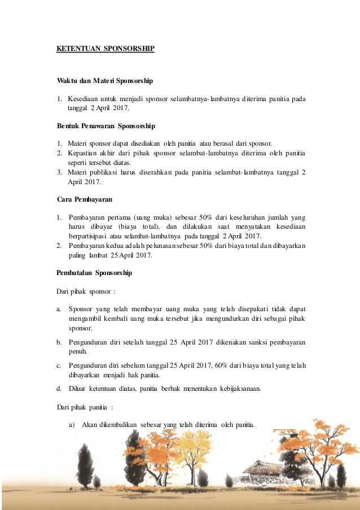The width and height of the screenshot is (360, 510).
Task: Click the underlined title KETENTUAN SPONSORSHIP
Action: [105, 49]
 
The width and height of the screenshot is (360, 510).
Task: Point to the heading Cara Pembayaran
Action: [83, 199]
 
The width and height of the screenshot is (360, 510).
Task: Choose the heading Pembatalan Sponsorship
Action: [94, 273]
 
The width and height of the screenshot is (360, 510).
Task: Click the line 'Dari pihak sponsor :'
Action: [86, 291]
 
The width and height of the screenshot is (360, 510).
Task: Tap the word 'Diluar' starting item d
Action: [78, 388]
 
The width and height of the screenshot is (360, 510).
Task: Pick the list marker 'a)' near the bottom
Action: [72, 425]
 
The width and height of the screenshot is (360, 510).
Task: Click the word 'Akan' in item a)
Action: [90, 425]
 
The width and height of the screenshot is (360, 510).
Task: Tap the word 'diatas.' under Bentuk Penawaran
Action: [112, 163]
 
